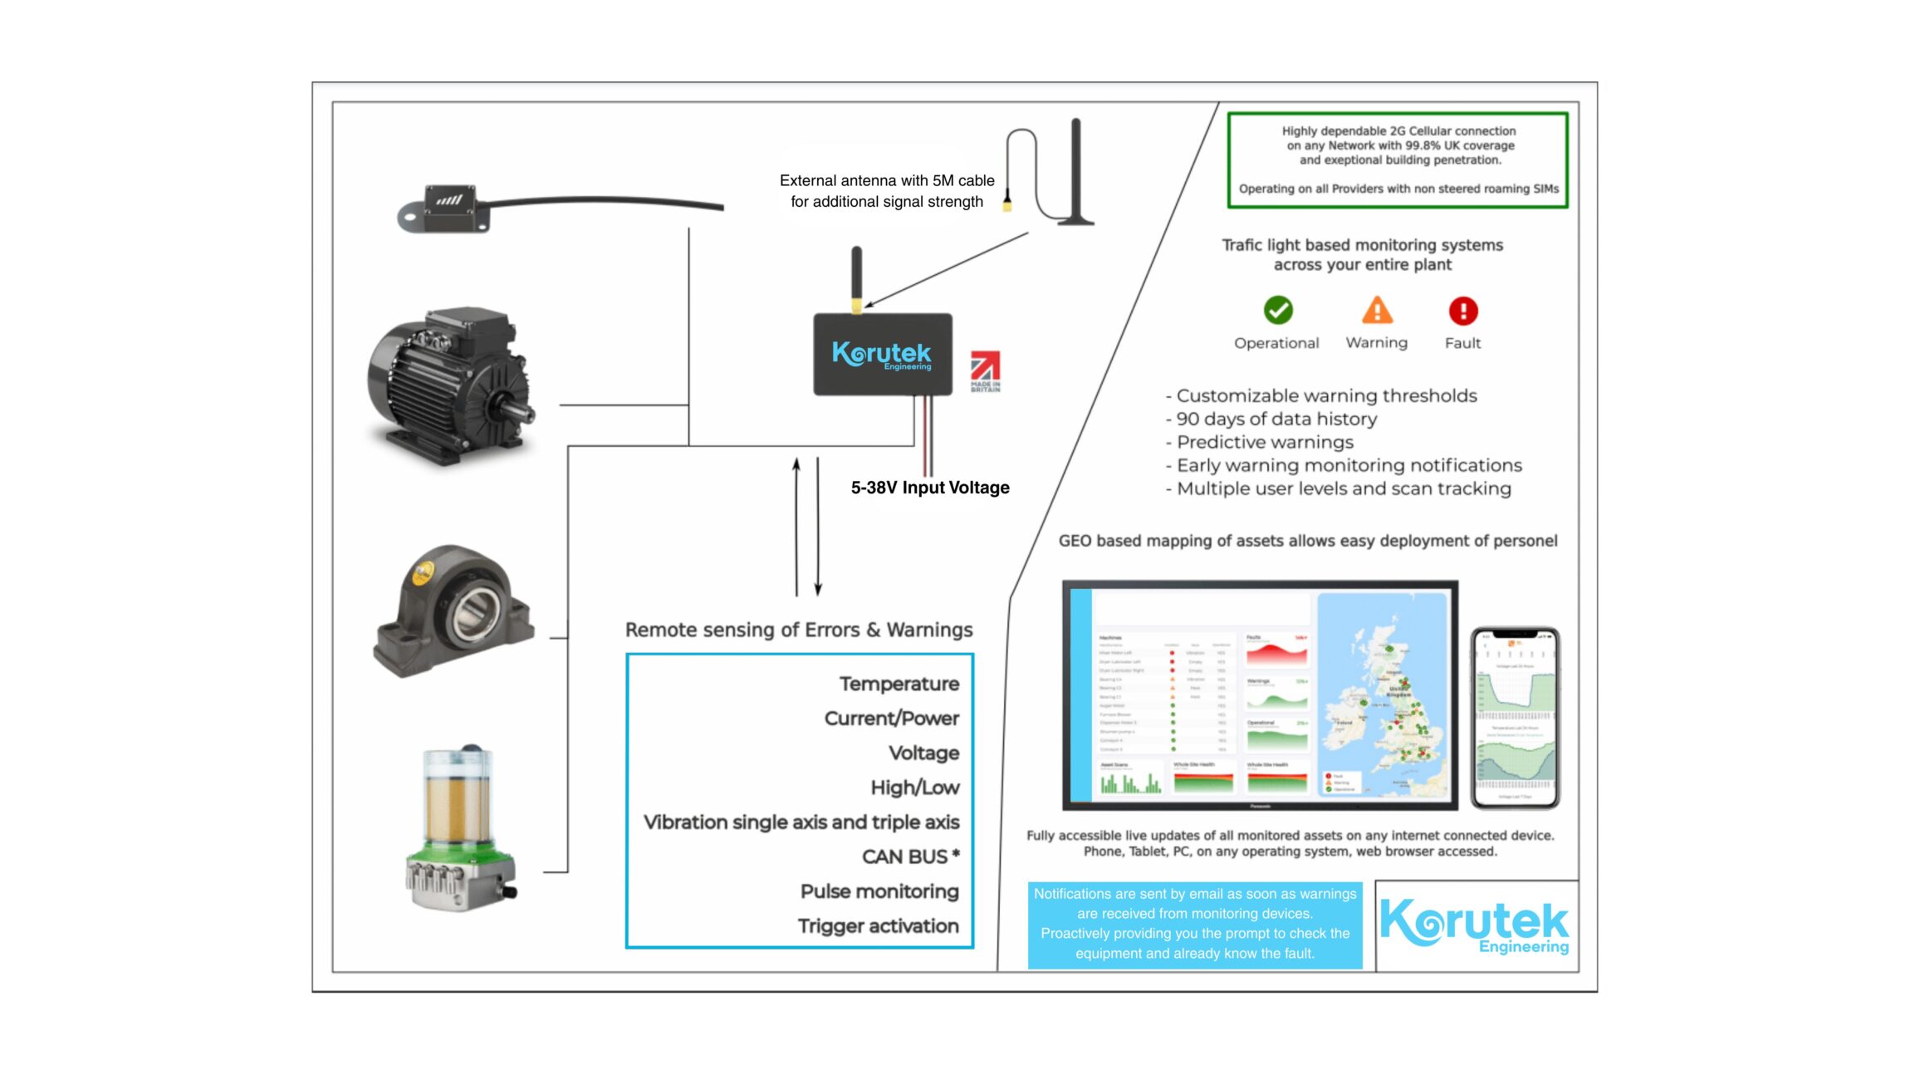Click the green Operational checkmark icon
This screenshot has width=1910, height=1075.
pos(1277,311)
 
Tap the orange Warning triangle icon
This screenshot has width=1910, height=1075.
pos(1376,311)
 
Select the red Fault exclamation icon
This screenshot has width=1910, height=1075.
pos(1462,311)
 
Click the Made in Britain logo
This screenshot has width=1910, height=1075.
pos(985,371)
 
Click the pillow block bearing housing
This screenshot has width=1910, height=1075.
pos(453,611)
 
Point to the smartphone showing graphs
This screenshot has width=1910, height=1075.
pos(1515,718)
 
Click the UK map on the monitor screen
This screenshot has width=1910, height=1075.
pos(1383,695)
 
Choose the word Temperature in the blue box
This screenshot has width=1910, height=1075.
pos(899,684)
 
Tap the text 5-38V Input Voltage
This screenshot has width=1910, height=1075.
pos(929,488)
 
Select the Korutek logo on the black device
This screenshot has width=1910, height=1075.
pos(882,355)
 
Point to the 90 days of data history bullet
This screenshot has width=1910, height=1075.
pos(1276,419)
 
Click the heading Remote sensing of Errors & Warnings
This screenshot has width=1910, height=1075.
pos(798,630)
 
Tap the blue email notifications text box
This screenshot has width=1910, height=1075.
pos(1194,924)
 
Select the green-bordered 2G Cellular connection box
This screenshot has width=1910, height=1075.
pos(1398,160)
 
